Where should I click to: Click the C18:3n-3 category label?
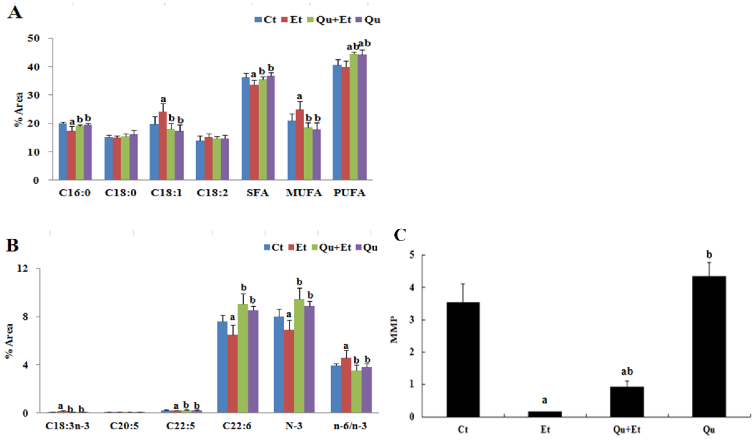pyautogui.click(x=67, y=426)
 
